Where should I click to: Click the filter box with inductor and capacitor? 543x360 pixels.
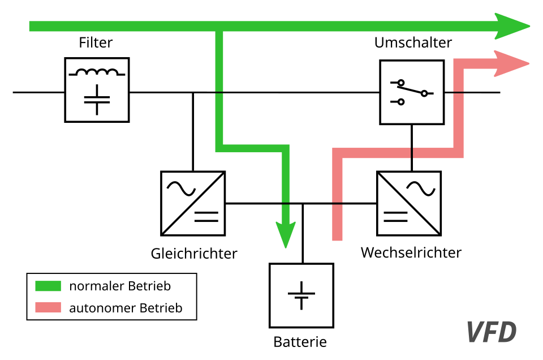[x=97, y=90]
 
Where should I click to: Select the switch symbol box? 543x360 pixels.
[x=412, y=92]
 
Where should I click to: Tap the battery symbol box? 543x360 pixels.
[x=301, y=295]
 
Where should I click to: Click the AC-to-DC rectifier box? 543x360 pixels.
[x=193, y=203]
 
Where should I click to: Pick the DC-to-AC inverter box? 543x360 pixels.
[x=409, y=203]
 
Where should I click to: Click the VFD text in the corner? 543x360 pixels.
[x=491, y=332]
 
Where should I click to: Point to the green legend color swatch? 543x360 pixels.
[x=48, y=286]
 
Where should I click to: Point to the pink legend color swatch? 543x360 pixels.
[x=48, y=307]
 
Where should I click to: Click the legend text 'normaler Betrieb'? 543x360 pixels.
[x=120, y=286]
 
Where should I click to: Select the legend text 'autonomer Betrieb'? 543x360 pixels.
[x=126, y=308]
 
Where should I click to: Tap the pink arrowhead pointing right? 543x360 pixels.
[x=511, y=63]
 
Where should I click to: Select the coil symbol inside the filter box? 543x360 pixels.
[x=97, y=72]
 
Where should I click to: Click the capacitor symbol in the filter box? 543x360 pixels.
[x=97, y=99]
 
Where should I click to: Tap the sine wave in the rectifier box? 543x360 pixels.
[x=180, y=188]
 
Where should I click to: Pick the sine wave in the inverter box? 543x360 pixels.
[x=423, y=188]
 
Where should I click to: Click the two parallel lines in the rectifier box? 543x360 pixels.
[x=206, y=216]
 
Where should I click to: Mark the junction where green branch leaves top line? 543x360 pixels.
[x=219, y=27]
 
